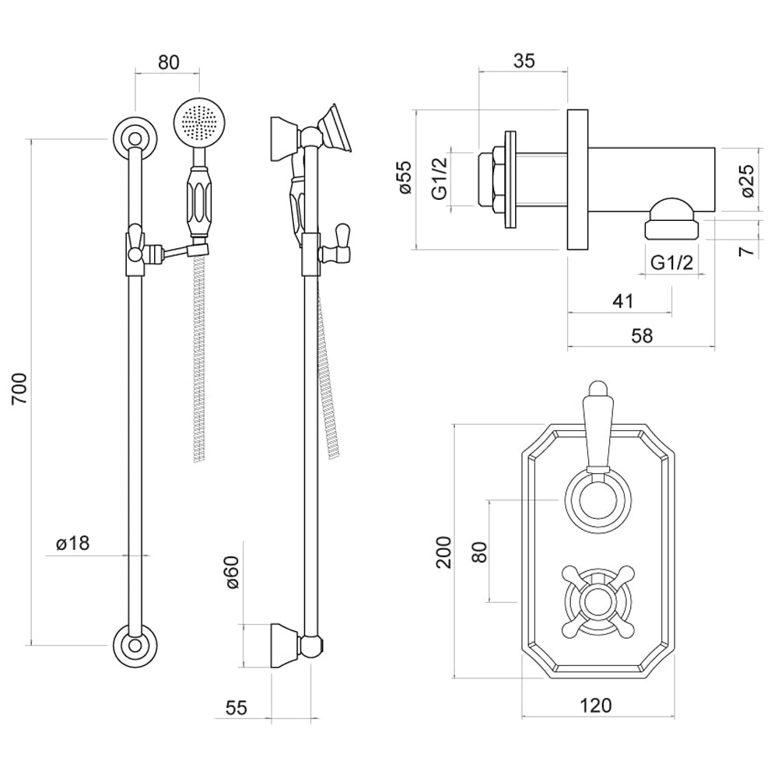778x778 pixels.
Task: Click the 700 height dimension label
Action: [x=21, y=388]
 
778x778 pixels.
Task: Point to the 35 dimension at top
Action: [x=524, y=61]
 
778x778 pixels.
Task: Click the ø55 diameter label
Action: [x=402, y=178]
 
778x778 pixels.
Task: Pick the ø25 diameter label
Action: [x=747, y=180]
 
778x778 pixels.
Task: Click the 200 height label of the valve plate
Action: [x=443, y=552]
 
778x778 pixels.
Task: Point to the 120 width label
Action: [x=596, y=705]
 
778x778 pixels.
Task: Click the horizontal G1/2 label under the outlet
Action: [x=671, y=263]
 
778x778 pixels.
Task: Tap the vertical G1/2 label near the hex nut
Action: [x=440, y=178]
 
